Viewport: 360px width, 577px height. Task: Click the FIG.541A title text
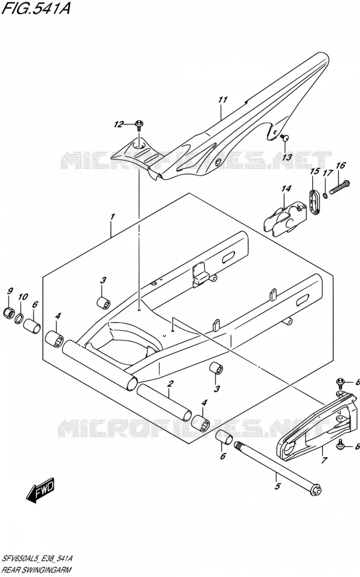click(x=36, y=8)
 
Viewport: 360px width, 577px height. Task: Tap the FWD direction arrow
click(x=40, y=491)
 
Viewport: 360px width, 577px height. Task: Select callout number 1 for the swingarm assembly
click(x=112, y=216)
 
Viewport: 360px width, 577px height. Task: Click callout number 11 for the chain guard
click(x=222, y=100)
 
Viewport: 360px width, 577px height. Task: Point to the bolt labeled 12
click(x=139, y=125)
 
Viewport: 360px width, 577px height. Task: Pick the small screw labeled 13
click(x=284, y=138)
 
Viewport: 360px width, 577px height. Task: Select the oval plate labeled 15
click(x=313, y=201)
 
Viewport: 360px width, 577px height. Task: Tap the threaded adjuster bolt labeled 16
click(x=338, y=187)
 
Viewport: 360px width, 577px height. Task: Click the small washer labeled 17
click(x=325, y=195)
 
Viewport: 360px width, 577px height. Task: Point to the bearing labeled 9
click(x=9, y=313)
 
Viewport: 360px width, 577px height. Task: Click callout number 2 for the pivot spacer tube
click(x=169, y=383)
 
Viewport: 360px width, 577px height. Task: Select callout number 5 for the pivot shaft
click(x=277, y=486)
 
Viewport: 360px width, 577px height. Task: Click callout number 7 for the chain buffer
click(x=323, y=460)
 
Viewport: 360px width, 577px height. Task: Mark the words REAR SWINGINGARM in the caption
click(x=37, y=570)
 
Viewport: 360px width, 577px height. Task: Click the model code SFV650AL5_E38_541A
click(x=37, y=558)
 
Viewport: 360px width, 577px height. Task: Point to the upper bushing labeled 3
click(x=103, y=303)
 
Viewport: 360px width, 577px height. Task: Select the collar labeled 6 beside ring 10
click(x=32, y=326)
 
